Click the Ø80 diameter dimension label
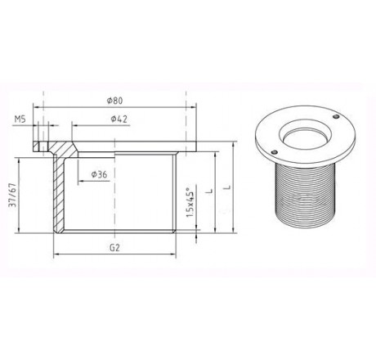pyautogui.click(x=114, y=101)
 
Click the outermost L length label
pyautogui.click(x=229, y=187)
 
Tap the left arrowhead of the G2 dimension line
pyautogui.click(x=55, y=255)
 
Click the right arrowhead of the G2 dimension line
pyautogui.click(x=174, y=255)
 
